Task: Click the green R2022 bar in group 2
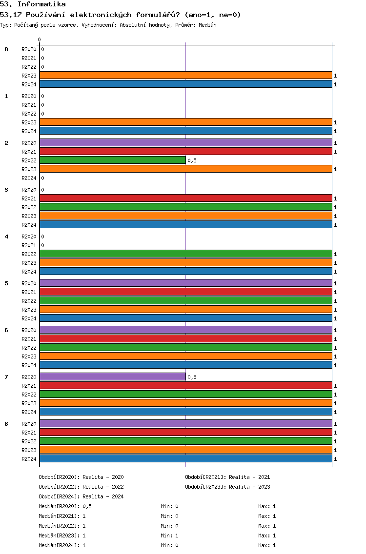(x=113, y=160)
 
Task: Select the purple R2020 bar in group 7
(x=113, y=377)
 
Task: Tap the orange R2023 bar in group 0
(x=186, y=76)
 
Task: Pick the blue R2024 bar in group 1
(x=186, y=131)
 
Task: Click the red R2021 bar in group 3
(x=186, y=198)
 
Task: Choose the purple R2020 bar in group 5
(x=186, y=283)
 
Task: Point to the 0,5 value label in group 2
(x=192, y=160)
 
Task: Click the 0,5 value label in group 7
(x=192, y=377)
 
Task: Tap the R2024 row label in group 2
(x=29, y=178)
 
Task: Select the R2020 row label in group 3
(x=29, y=190)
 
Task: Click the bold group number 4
(x=6, y=237)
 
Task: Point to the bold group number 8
(x=6, y=424)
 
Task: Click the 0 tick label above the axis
(x=39, y=40)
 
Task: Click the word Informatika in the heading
(x=42, y=4)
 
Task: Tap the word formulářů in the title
(x=158, y=15)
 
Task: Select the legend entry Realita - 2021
(x=249, y=477)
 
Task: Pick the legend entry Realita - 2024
(x=103, y=496)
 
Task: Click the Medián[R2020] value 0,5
(x=87, y=506)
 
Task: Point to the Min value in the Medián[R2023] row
(x=177, y=535)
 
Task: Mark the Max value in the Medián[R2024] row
(x=274, y=545)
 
